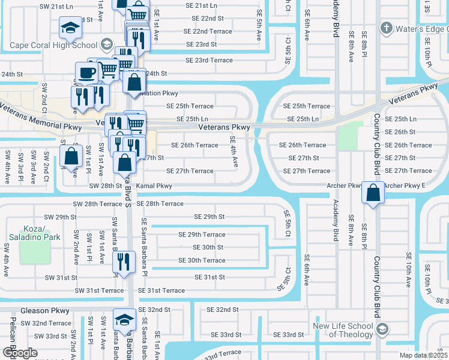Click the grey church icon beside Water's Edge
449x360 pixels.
coord(386,28)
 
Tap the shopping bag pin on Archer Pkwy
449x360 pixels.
coord(373,193)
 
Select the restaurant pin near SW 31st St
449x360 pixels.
coord(124,262)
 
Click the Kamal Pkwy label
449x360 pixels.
coord(154,186)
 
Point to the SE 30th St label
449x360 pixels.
coord(208,247)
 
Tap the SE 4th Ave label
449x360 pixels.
coord(234,152)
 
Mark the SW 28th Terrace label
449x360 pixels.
coord(98,204)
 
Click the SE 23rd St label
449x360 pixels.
coord(201,44)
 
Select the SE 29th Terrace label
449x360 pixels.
coord(202,235)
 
